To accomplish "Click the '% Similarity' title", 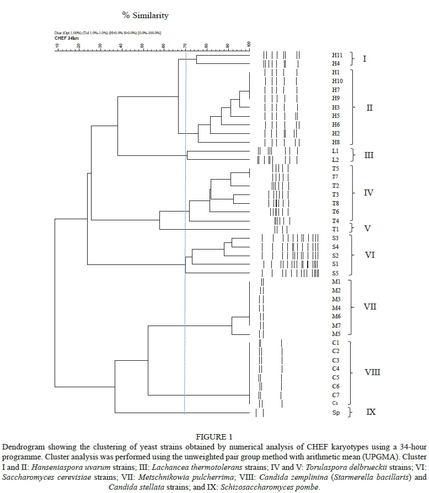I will [x=146, y=15].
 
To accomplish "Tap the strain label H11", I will [x=337, y=56].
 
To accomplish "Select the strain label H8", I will [x=336, y=142].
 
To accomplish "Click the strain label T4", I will [x=336, y=220].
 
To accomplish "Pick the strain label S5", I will [x=336, y=273].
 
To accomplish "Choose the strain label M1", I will [x=336, y=281].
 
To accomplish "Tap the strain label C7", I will [x=336, y=395].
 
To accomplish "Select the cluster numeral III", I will [x=368, y=155].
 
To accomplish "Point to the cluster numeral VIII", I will [x=373, y=372].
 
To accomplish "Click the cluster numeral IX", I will [x=371, y=411].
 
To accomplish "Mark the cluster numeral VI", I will [x=371, y=256].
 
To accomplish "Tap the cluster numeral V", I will [x=369, y=228].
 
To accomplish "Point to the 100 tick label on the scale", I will [x=249, y=45].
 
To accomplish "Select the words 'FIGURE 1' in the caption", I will [x=214, y=437].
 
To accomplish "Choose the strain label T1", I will [x=336, y=229].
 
